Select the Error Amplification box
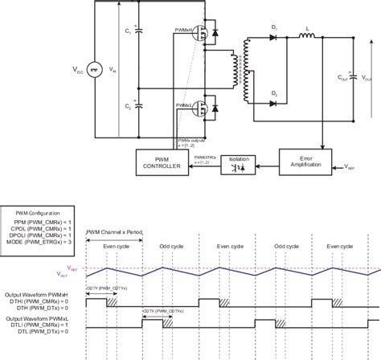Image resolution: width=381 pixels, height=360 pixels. point(306,162)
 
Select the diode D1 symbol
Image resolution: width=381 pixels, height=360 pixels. point(275,37)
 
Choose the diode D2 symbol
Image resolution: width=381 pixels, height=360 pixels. point(275,103)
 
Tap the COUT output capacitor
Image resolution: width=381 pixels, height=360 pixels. point(350,77)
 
